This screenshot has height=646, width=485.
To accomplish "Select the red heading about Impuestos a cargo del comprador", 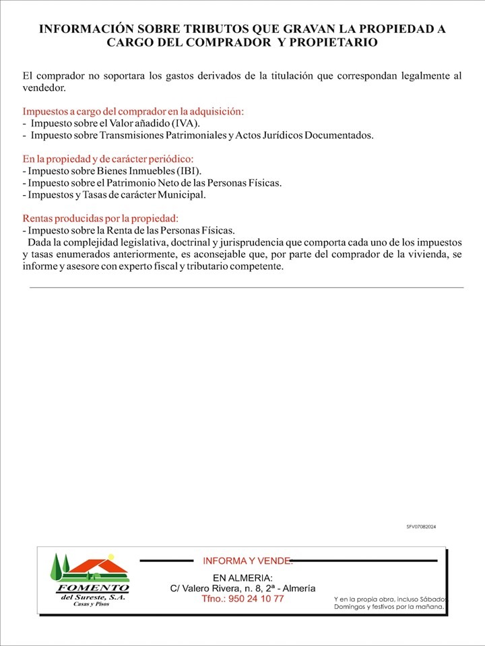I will point(133,111).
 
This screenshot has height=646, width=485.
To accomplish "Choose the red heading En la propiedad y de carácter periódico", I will point(108,159).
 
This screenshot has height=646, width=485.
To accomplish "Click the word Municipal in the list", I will point(181,195).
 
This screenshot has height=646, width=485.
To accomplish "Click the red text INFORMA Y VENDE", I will point(247,561).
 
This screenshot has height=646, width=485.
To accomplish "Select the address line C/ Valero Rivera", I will point(243,588).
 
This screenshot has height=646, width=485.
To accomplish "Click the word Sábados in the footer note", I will point(431,598).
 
